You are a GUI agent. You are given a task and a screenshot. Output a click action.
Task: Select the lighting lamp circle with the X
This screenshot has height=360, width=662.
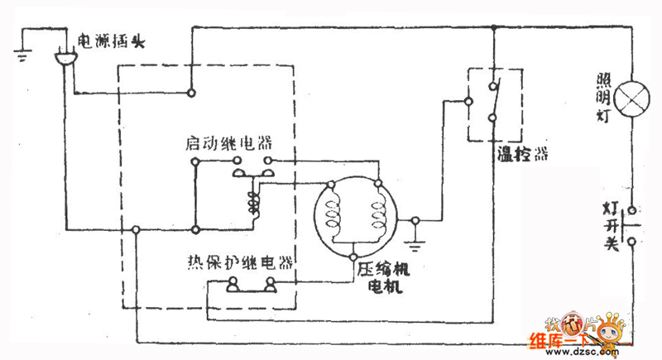click(633, 97)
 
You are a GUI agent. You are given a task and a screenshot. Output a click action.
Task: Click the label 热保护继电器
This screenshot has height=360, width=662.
click(240, 264)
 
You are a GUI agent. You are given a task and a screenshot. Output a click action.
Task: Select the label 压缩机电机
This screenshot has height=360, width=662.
click(383, 278)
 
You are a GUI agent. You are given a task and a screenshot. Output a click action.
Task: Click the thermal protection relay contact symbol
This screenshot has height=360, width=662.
click(251, 286)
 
